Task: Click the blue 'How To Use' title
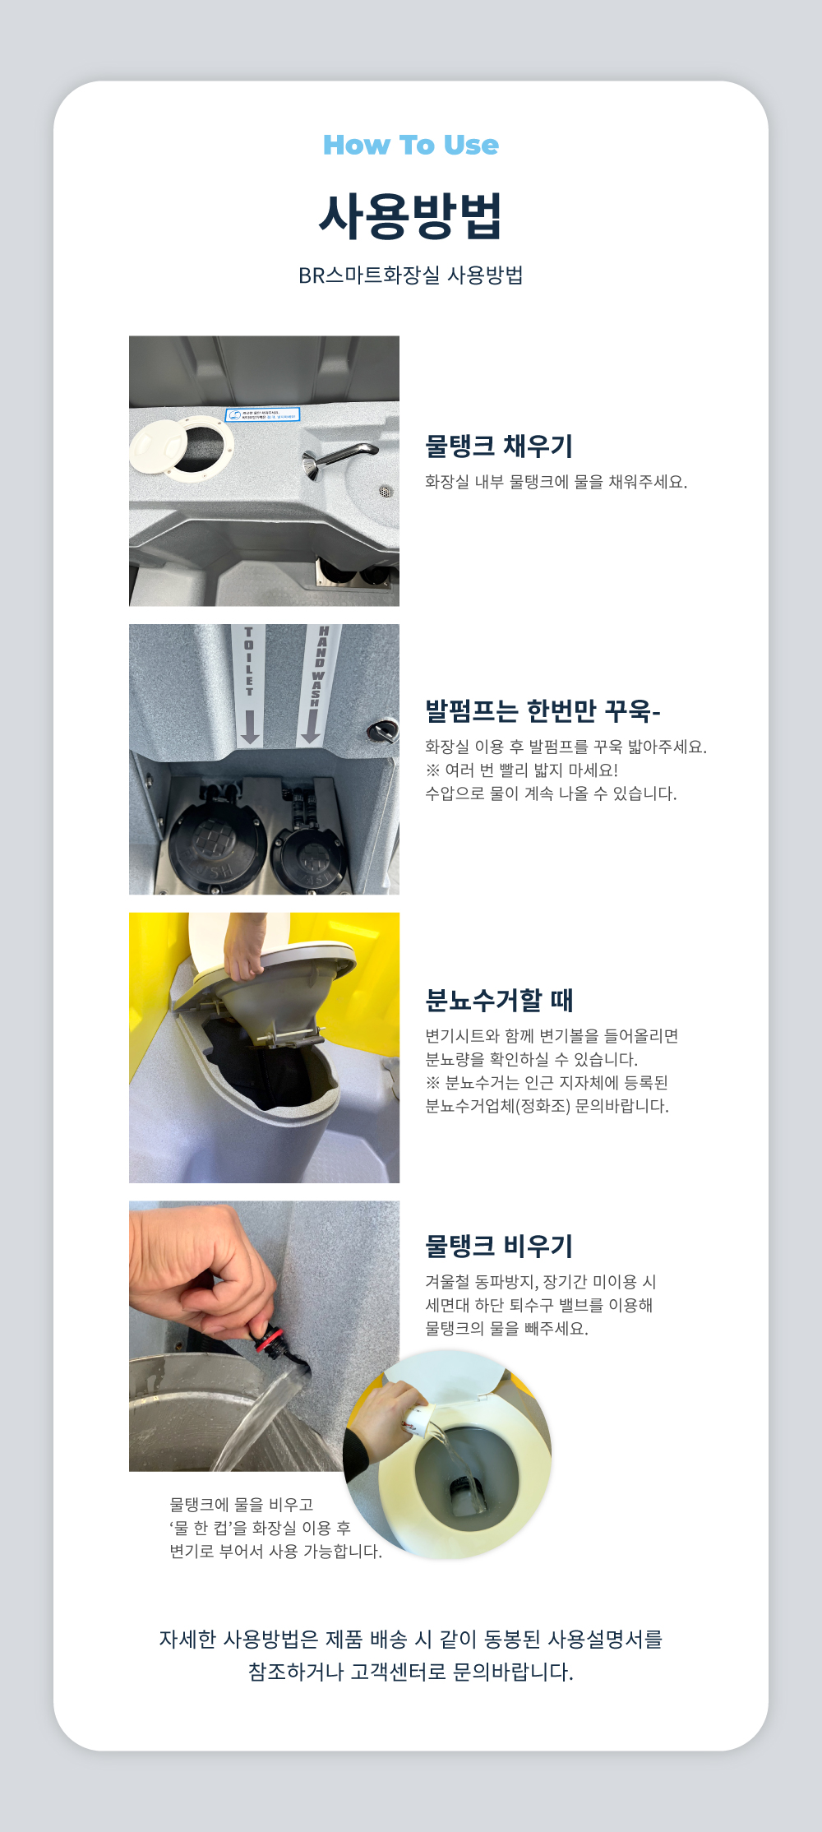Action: (x=411, y=146)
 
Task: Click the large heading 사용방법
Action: (x=411, y=216)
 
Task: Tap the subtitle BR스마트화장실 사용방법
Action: (x=411, y=275)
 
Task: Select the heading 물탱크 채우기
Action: (x=499, y=446)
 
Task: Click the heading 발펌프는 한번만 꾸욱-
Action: (x=543, y=710)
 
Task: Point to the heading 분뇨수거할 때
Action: (x=499, y=1000)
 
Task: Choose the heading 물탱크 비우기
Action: (x=499, y=1246)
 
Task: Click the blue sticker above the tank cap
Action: (x=263, y=414)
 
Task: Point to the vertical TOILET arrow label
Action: (x=249, y=686)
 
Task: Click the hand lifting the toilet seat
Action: (x=247, y=946)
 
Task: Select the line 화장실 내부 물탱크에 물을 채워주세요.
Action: (x=556, y=482)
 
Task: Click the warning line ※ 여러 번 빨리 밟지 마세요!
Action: (x=521, y=770)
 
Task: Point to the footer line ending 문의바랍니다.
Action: (x=411, y=1672)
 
